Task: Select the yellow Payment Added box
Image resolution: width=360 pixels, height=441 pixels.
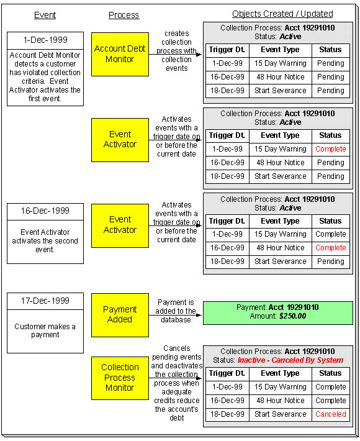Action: coord(120,314)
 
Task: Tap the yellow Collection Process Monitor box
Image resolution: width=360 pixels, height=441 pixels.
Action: coord(120,378)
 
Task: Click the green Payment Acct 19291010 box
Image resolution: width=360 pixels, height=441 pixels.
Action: coord(277,312)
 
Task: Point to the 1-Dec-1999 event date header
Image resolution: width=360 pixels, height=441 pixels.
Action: coord(45,40)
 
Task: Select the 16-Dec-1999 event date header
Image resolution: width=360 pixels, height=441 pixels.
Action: coord(45,211)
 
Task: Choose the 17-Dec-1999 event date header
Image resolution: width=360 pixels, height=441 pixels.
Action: coord(45,301)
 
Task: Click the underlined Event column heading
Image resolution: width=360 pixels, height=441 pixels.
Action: coord(45,15)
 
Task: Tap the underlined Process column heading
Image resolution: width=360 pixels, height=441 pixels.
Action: coord(124,15)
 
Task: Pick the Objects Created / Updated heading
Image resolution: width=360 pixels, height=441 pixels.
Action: coord(282,14)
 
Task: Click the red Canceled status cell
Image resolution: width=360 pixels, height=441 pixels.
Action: coord(330,414)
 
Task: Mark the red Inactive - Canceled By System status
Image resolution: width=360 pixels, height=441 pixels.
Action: coord(290,360)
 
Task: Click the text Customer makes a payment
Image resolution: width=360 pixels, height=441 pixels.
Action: coord(45,330)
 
